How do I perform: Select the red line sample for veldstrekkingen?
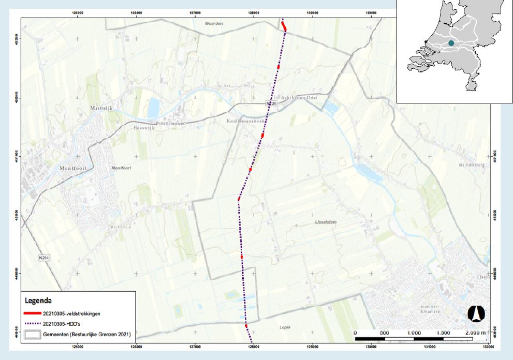pyautogui.click(x=32, y=313)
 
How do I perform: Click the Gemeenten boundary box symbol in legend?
pyautogui.click(x=32, y=334)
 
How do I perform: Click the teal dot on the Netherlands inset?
pyautogui.click(x=451, y=43)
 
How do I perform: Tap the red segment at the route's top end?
pyautogui.click(x=284, y=26)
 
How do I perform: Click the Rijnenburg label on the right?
pyautogui.click(x=470, y=166)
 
